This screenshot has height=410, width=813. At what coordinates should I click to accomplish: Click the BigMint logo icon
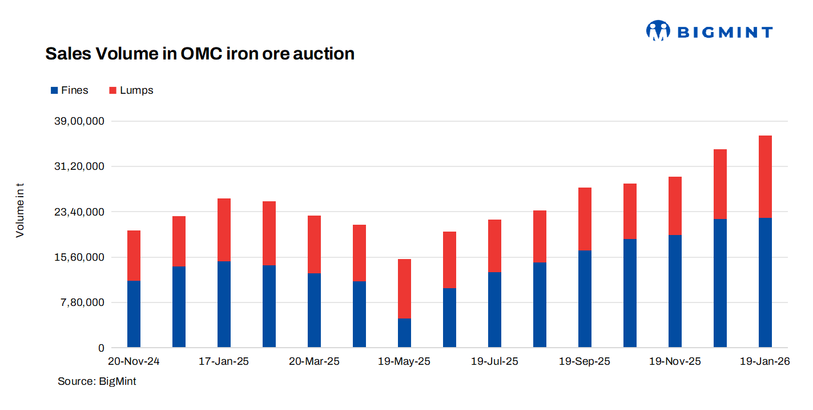pos(658,31)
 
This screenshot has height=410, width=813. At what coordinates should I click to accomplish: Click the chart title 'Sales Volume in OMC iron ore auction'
pos(200,54)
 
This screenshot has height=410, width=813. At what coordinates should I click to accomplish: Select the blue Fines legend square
pos(54,90)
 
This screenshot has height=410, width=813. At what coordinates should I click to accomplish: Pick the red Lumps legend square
pos(112,90)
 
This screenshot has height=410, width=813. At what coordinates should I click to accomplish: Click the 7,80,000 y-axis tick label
pos(83,302)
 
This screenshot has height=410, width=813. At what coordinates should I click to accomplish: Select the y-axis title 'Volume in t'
pos(20,210)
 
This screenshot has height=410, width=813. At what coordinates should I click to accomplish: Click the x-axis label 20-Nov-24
pos(134,362)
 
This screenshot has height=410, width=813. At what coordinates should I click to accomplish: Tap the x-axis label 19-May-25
pos(404,362)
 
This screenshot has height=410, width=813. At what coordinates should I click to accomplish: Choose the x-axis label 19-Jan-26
pos(764,362)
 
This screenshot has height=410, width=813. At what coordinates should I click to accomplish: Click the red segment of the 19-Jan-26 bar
pos(765,176)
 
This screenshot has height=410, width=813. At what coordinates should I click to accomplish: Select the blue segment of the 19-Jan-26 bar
pos(765,282)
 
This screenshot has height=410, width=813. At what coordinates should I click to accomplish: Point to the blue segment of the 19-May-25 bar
pos(404,333)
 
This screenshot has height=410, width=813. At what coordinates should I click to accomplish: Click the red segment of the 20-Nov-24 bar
pos(134,255)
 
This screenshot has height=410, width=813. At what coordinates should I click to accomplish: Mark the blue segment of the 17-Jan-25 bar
pos(224,304)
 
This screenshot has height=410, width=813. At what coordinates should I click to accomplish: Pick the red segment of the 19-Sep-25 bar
pos(585,218)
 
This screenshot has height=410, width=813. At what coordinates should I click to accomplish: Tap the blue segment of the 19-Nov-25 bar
pos(675,290)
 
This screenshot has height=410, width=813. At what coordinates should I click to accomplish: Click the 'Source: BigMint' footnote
pos(97,381)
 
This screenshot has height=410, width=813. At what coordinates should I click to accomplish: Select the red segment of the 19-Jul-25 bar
pos(494,245)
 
